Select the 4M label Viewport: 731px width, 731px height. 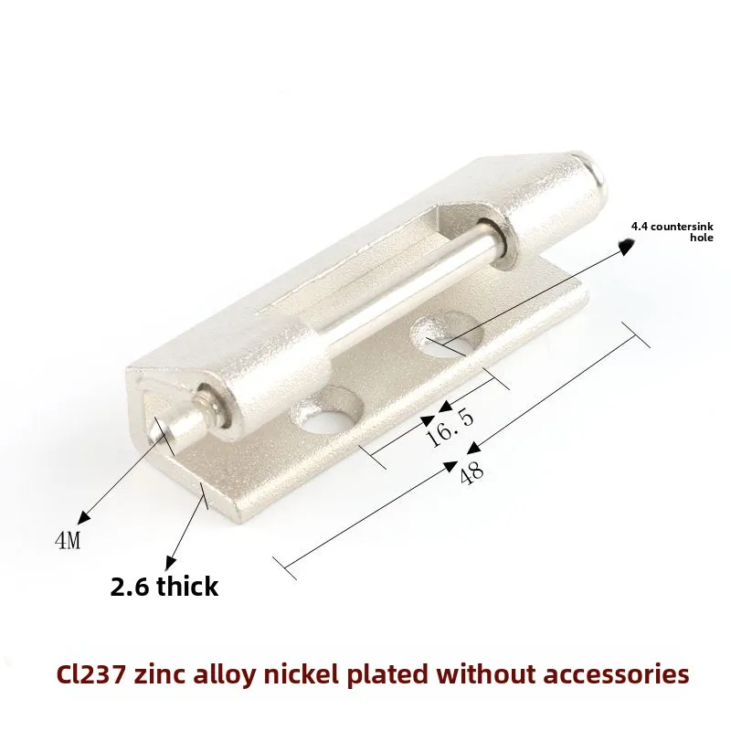[x=68, y=540]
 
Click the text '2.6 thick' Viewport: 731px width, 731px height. [x=164, y=586]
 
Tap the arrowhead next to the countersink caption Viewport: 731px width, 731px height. [x=626, y=246]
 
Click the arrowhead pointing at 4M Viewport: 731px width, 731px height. [x=84, y=517]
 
